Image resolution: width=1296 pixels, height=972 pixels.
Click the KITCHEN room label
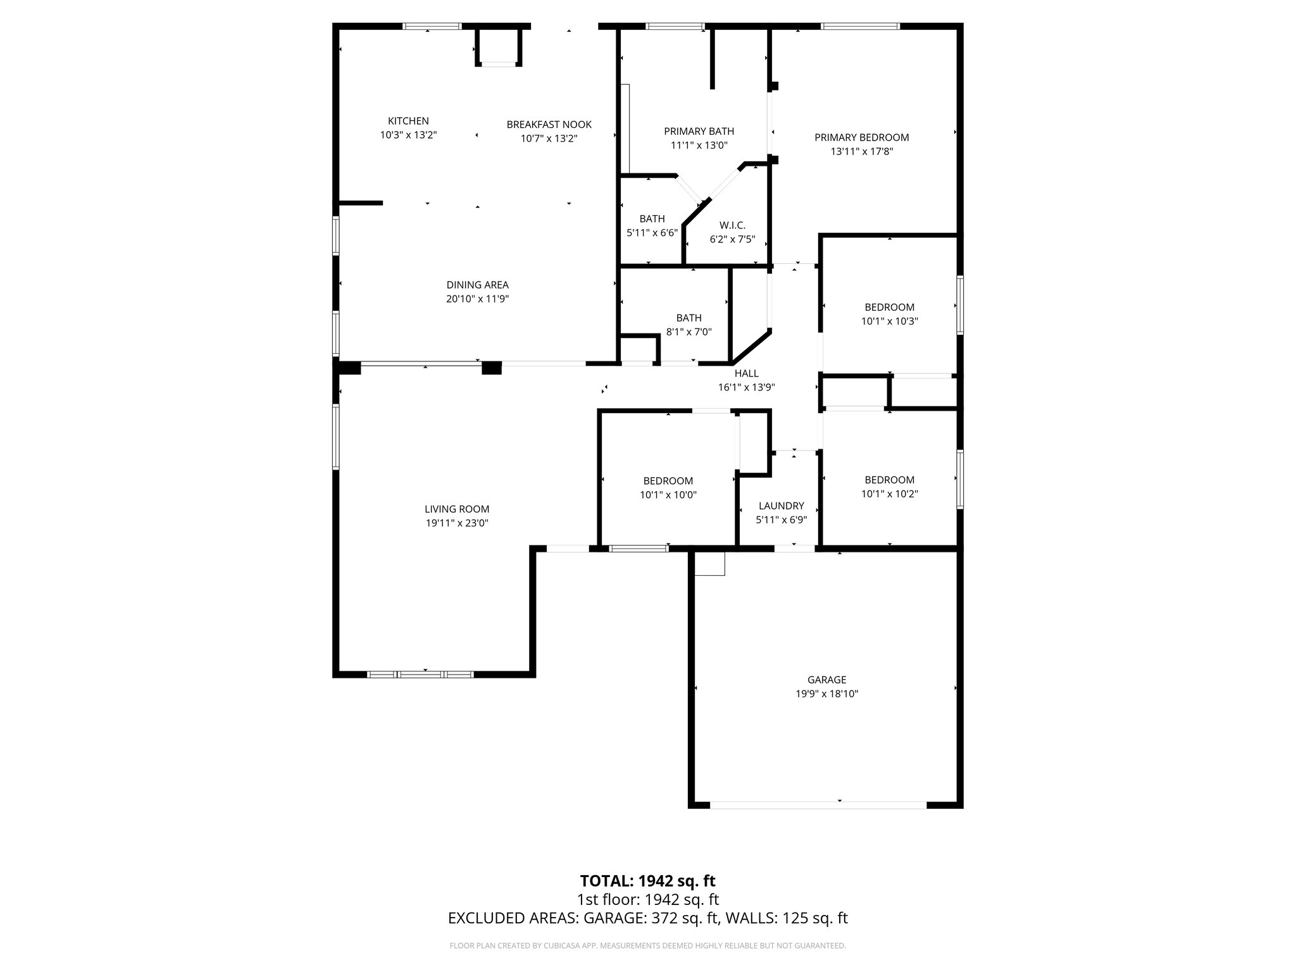click(408, 121)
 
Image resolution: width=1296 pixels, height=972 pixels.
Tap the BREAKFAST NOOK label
click(549, 125)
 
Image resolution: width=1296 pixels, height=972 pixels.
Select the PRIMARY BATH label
click(699, 132)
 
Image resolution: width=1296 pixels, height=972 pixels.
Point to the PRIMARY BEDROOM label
click(861, 137)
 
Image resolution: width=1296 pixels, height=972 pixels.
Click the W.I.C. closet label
click(732, 225)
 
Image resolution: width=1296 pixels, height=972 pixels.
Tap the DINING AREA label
click(477, 285)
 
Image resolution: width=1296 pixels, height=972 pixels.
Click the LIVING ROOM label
click(457, 509)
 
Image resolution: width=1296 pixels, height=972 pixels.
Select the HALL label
click(746, 373)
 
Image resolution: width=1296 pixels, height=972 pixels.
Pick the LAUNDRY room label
click(781, 506)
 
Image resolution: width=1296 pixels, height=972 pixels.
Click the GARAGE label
click(826, 680)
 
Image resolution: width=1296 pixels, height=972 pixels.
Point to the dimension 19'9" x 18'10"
click(826, 694)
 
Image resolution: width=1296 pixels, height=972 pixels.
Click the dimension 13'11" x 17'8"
click(861, 151)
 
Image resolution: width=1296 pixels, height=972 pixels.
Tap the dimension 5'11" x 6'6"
click(652, 232)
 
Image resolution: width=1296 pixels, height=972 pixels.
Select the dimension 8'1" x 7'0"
click(688, 332)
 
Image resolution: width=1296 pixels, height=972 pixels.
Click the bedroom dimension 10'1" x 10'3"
click(889, 321)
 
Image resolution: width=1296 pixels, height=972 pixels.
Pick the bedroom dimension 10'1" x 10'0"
click(668, 495)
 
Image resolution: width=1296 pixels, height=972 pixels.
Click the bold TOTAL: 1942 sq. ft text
click(647, 881)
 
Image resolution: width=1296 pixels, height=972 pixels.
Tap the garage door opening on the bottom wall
click(818, 805)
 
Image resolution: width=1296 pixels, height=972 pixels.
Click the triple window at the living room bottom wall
click(420, 674)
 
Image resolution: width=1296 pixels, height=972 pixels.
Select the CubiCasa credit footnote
click(647, 945)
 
